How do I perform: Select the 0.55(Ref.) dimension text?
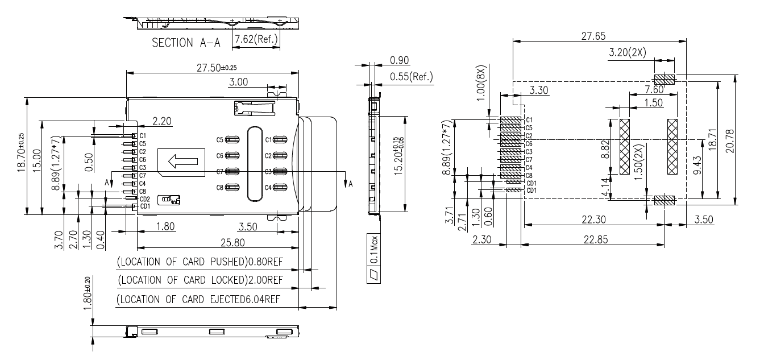click(412, 76)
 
